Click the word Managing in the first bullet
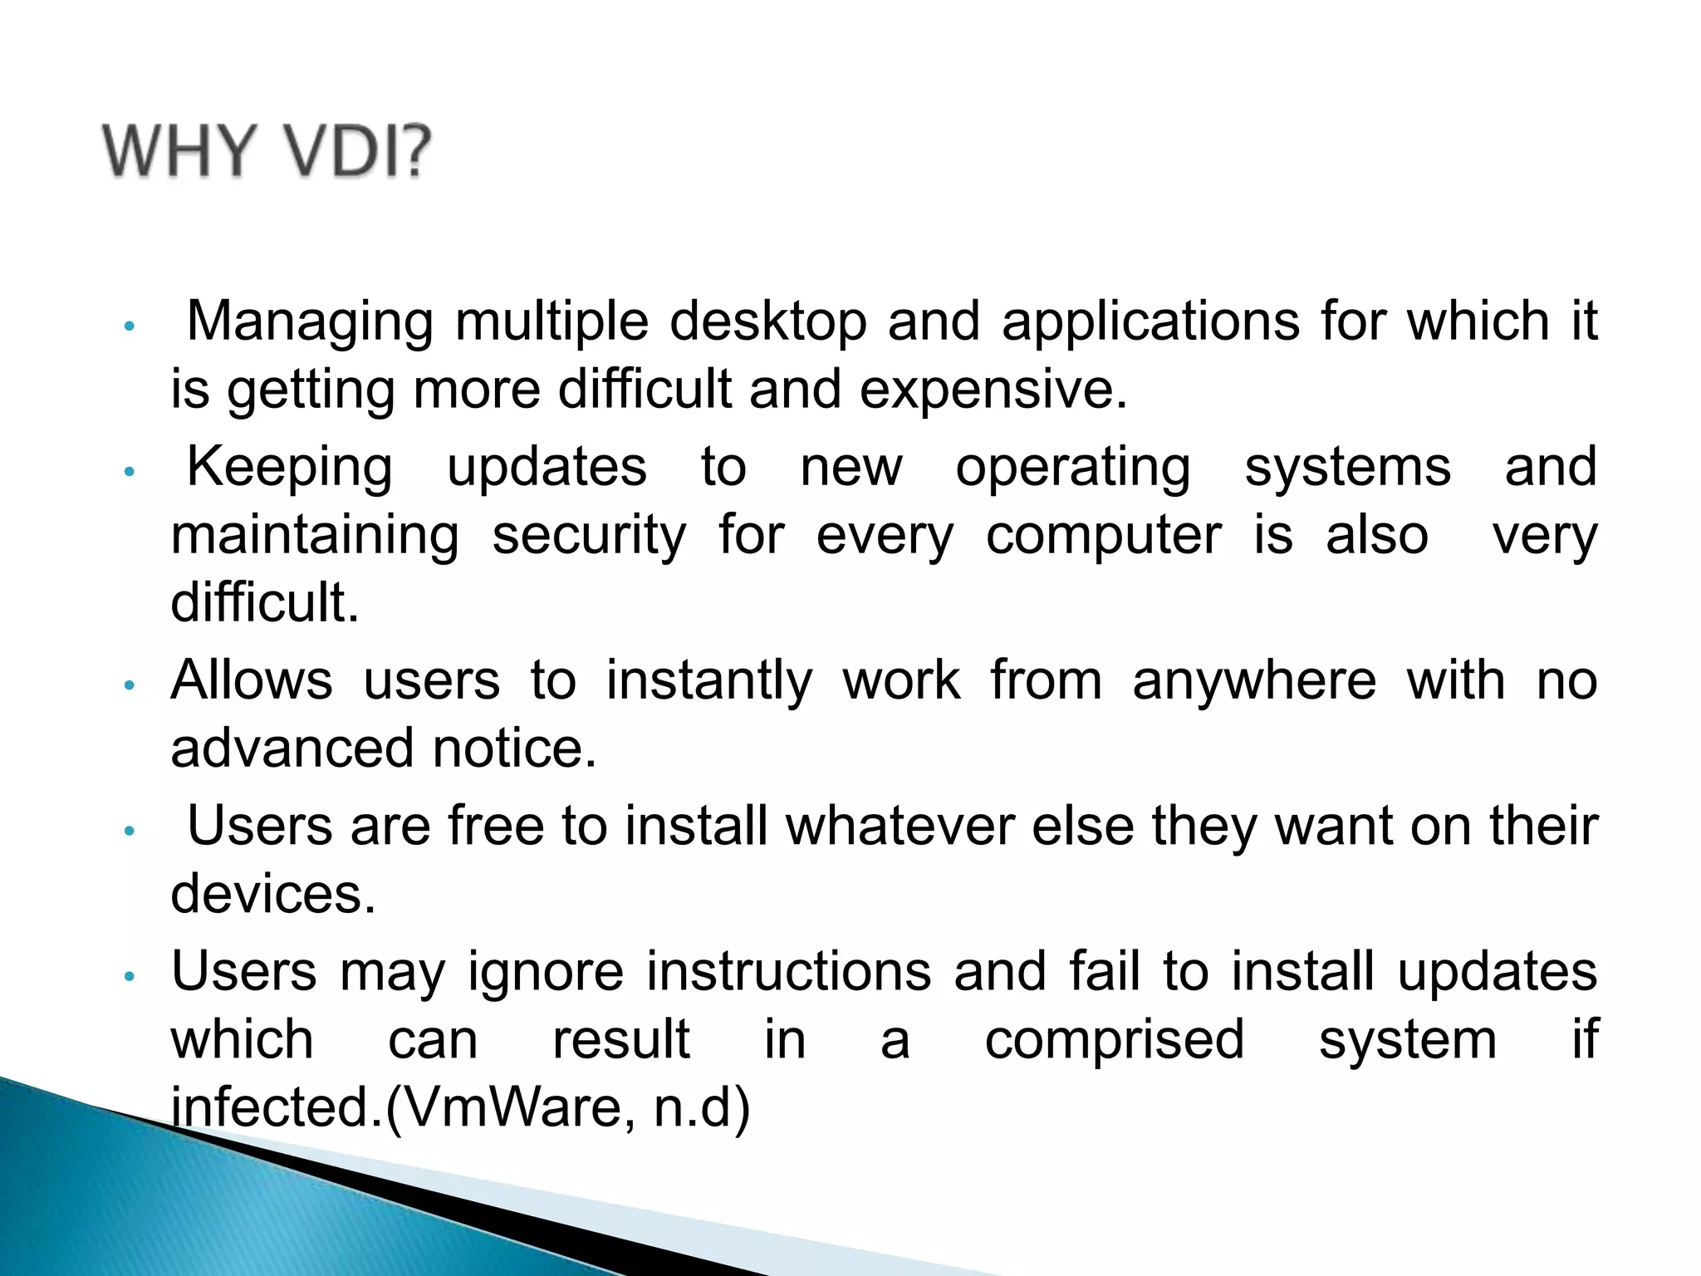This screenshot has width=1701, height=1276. point(310,322)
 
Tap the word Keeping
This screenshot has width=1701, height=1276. point(289,467)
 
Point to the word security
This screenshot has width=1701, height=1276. point(590,535)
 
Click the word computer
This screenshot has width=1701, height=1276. point(1104,535)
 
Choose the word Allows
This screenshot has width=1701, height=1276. point(252,680)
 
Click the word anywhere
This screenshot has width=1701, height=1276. point(1254,680)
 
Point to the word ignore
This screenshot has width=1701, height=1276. point(546,971)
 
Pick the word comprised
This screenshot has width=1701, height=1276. point(1115,1039)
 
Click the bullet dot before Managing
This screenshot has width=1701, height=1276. point(128,326)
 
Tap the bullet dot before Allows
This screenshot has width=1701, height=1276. point(128,685)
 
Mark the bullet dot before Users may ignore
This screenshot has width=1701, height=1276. point(128,976)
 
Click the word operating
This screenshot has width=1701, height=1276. point(1073,467)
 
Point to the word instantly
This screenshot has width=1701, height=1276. point(708,680)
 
